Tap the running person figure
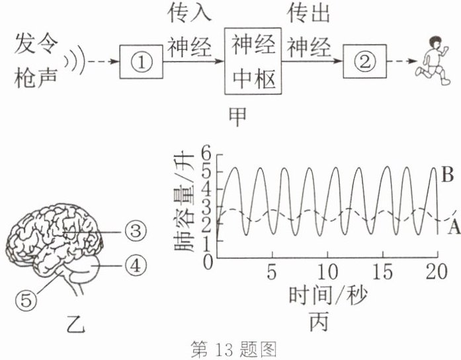point(433,61)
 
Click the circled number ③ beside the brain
point(135,231)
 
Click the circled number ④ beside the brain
point(136,265)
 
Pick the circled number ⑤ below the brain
point(26,300)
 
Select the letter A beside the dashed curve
point(454,227)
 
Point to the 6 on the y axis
point(208,154)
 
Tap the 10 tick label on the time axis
point(327,272)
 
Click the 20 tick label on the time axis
point(437,272)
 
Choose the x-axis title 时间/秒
point(328,296)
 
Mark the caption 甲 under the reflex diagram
point(237,116)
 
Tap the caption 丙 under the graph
point(319,322)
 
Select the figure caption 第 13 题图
point(233,349)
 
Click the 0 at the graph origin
point(208,262)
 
